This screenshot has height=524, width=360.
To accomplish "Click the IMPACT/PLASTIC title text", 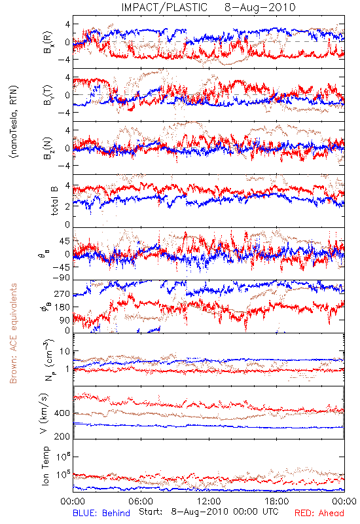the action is [x=164, y=7].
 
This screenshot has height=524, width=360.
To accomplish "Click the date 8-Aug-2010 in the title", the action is [x=260, y=7].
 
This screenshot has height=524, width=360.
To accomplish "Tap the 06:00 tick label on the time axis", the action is [x=141, y=501].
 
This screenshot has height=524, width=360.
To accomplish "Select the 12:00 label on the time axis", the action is [x=209, y=501].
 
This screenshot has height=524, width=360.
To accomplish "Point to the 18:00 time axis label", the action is [x=277, y=501].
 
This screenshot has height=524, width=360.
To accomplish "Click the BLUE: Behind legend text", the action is [x=101, y=513].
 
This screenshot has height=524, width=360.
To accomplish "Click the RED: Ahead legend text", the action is [x=319, y=513].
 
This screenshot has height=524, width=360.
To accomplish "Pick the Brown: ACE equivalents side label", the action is [x=13, y=333].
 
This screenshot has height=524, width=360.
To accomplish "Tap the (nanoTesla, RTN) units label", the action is [x=14, y=121].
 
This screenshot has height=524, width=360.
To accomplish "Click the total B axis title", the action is [x=54, y=201].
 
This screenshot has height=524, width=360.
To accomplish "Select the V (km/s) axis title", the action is [x=44, y=413].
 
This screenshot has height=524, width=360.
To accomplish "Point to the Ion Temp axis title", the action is [x=45, y=466].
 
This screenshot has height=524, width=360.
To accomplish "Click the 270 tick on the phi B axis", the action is [x=62, y=294].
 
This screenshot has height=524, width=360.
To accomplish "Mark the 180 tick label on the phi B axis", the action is [x=62, y=307].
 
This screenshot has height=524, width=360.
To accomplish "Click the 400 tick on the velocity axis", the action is [x=62, y=413].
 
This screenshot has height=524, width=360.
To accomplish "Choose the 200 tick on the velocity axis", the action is [x=62, y=436].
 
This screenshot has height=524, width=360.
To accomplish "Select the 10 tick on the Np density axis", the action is [x=65, y=352].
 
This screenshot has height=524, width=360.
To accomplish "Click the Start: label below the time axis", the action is [x=151, y=512].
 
